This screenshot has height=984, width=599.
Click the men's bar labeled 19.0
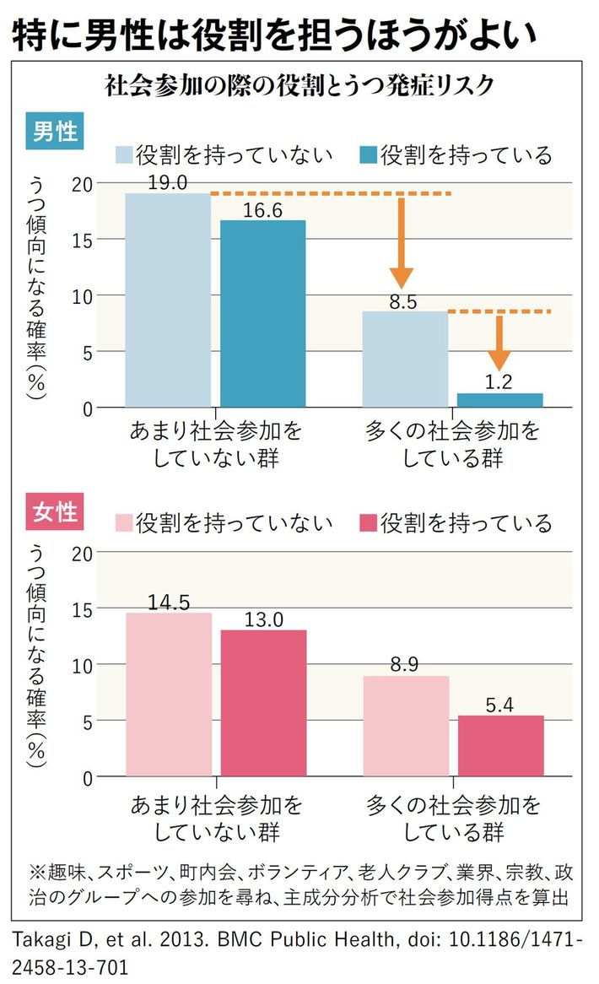tap(168, 300)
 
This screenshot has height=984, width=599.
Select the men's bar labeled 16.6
tap(263, 314)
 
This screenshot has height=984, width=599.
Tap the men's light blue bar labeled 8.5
tap(406, 360)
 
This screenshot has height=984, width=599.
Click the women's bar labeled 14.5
tap(168, 695)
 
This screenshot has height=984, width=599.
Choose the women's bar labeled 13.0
tap(263, 703)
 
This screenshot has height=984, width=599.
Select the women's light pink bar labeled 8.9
tap(406, 726)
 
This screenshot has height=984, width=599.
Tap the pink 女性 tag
tap(56, 512)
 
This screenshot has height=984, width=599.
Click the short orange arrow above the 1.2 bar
tap(500, 342)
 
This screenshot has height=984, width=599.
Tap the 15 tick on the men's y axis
tap(82, 239)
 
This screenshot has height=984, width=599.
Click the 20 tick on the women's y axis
tap(82, 553)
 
